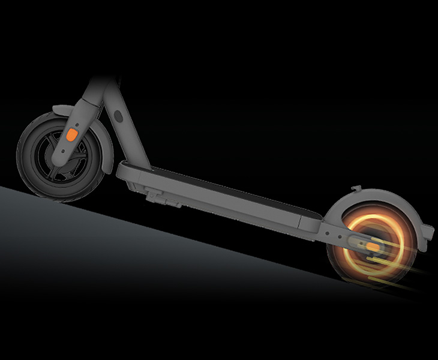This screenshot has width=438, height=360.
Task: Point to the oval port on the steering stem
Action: (118, 115)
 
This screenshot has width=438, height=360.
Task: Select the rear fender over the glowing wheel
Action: (384, 201)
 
